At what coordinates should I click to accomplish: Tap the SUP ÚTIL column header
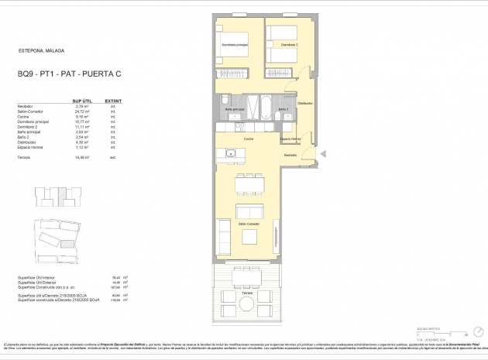pos(83,100)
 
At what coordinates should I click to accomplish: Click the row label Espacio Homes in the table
pos(32,147)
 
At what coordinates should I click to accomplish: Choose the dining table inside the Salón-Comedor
pos(249,183)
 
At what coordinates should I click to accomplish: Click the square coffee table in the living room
pos(249,236)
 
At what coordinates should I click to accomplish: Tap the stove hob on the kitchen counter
pos(240,127)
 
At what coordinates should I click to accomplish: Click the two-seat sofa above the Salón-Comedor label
pos(249,213)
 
